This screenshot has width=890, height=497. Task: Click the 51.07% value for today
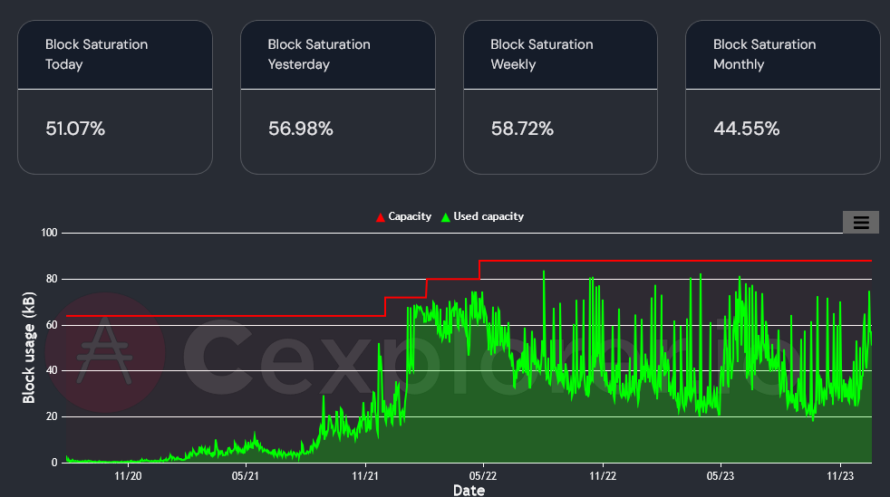click(75, 129)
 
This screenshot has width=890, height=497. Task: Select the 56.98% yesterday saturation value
click(300, 129)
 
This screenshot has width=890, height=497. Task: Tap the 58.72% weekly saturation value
click(522, 129)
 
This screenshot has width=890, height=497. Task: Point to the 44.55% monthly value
click(746, 129)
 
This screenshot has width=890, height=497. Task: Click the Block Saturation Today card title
click(96, 54)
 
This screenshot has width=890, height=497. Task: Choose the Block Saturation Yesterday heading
click(319, 54)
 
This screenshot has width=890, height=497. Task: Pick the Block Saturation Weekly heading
click(541, 54)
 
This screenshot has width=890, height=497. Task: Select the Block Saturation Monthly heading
click(764, 54)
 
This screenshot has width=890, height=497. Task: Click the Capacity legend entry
click(403, 216)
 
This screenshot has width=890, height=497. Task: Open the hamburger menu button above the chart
click(861, 222)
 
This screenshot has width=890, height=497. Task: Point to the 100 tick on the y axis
click(49, 234)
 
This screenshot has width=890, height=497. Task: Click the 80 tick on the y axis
click(51, 279)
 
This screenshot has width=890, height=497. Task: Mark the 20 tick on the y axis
click(51, 416)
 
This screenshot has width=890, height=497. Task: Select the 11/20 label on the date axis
click(127, 474)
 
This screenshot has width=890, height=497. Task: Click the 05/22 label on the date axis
click(482, 474)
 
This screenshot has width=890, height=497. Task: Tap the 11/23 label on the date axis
click(840, 474)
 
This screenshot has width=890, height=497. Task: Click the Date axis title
click(469, 490)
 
